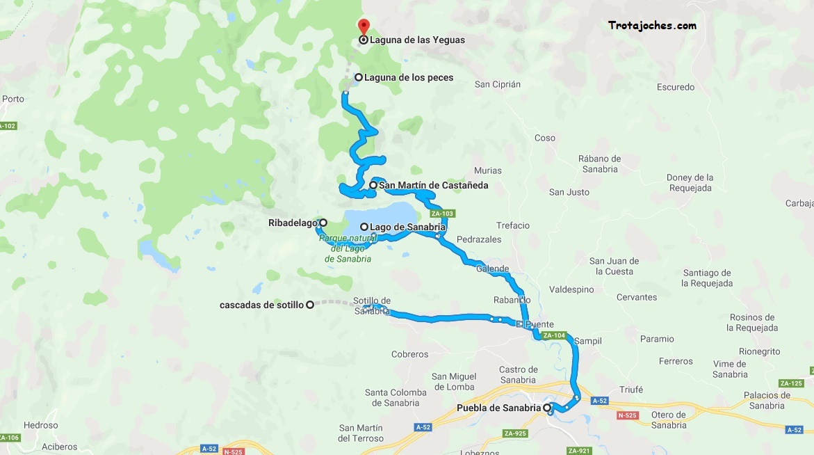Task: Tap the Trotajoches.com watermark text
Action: pyautogui.click(x=652, y=26)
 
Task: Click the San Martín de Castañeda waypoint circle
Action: pyautogui.click(x=373, y=185)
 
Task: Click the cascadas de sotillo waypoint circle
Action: pyautogui.click(x=310, y=304)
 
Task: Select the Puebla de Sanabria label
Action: pyautogui.click(x=498, y=408)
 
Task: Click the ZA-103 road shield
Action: pyautogui.click(x=441, y=214)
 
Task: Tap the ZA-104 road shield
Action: pyautogui.click(x=554, y=335)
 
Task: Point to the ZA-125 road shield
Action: pyautogui.click(x=791, y=383)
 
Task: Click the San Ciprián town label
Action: pyautogui.click(x=497, y=85)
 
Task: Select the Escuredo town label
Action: pyautogui.click(x=676, y=88)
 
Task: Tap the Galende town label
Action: pyautogui.click(x=493, y=269)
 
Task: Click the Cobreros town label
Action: pyautogui.click(x=410, y=354)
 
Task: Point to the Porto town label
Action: pyautogui.click(x=13, y=99)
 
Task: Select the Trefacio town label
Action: pyautogui.click(x=513, y=225)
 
